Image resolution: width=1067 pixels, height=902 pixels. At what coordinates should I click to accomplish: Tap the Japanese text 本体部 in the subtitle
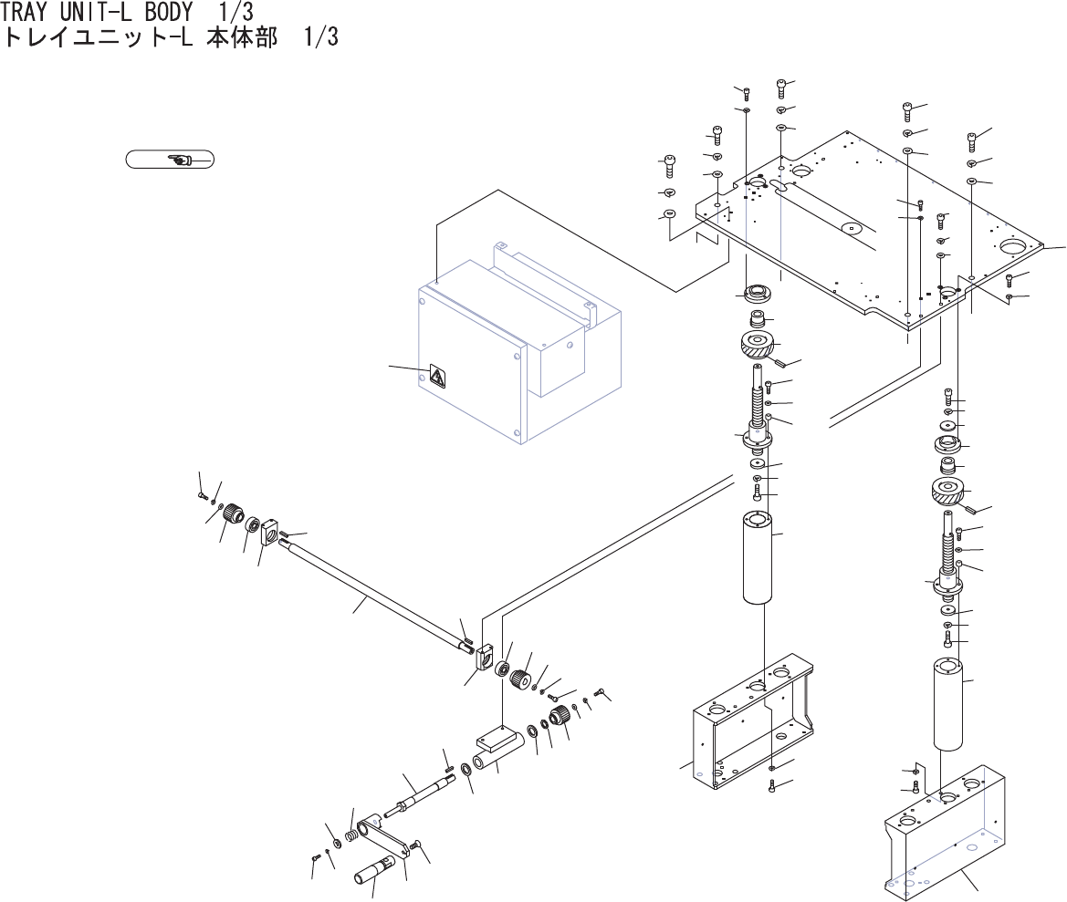244,39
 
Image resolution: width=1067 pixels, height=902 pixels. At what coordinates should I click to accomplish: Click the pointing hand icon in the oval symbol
179,160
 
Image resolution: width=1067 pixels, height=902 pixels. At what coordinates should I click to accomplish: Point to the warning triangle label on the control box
437,377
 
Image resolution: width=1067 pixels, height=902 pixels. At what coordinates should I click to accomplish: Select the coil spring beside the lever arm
351,834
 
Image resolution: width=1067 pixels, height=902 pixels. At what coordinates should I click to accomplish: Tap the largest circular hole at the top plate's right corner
1015,246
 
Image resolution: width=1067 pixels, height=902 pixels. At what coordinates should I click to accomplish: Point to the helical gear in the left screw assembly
755,346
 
